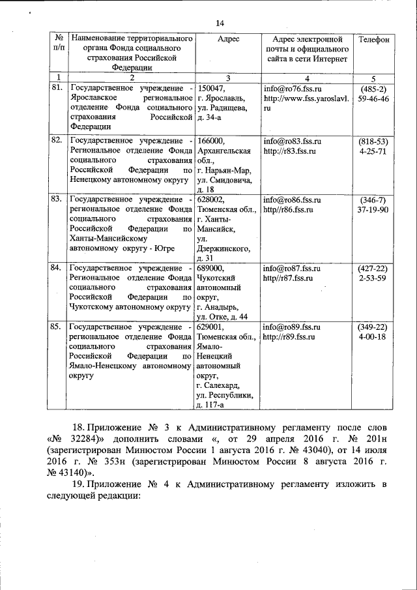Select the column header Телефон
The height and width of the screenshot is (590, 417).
[x=374, y=40]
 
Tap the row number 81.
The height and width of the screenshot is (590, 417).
[x=57, y=87]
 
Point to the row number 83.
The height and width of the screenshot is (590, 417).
[x=57, y=199]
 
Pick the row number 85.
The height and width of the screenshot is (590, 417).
[x=57, y=326]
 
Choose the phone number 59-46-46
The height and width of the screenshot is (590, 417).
[x=374, y=98]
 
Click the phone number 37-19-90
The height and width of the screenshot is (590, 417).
[x=374, y=209]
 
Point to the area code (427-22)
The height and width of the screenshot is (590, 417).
[x=374, y=268]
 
